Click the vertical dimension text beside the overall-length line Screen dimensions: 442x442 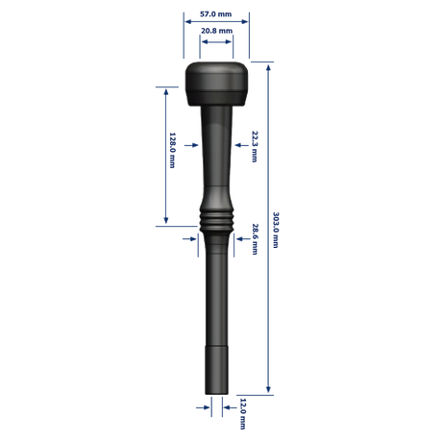point(277,231)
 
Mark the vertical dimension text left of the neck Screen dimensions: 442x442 point(175,154)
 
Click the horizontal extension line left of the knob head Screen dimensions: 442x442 point(168,84)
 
